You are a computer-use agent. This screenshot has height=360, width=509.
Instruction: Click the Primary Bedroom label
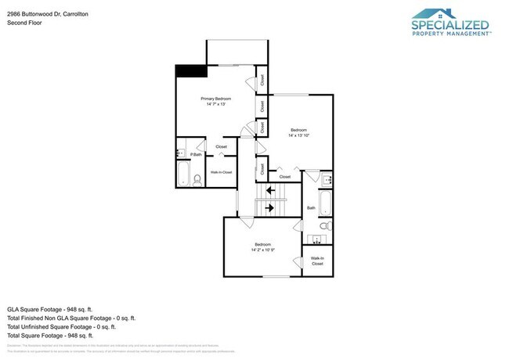point(215,99)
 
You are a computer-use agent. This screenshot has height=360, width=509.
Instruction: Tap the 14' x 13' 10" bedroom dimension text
point(299,135)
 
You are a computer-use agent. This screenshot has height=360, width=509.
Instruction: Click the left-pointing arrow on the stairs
point(270,190)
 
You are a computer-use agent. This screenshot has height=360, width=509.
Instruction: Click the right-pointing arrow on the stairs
point(270,207)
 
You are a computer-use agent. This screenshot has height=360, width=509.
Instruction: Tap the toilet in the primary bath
point(197,179)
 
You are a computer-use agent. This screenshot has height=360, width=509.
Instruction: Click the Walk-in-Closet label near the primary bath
point(221,171)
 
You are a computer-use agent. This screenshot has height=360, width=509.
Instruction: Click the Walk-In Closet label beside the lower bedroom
point(317,261)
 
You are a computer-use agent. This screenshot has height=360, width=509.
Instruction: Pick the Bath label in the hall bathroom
point(311,208)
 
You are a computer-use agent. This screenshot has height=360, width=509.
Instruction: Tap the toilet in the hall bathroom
point(327,225)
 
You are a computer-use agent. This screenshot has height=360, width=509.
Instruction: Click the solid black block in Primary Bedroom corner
point(190,70)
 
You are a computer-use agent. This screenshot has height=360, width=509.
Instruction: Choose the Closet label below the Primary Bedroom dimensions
point(221,147)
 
